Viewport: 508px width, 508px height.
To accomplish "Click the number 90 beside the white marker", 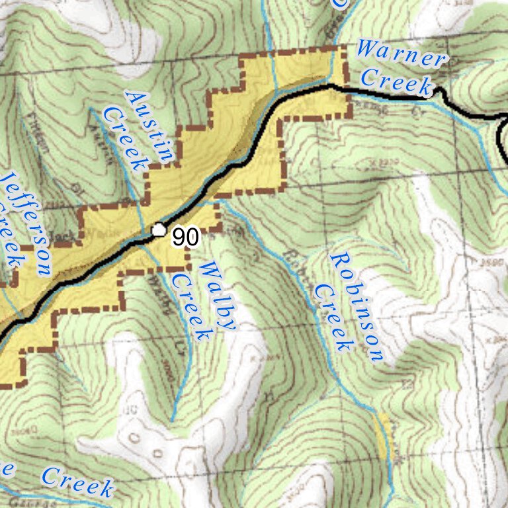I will click(186, 237).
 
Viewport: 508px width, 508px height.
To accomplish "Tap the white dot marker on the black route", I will click(158, 230).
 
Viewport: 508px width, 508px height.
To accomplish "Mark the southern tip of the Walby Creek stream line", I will click(173, 420).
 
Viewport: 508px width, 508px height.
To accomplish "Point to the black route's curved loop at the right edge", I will click(501, 139).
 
